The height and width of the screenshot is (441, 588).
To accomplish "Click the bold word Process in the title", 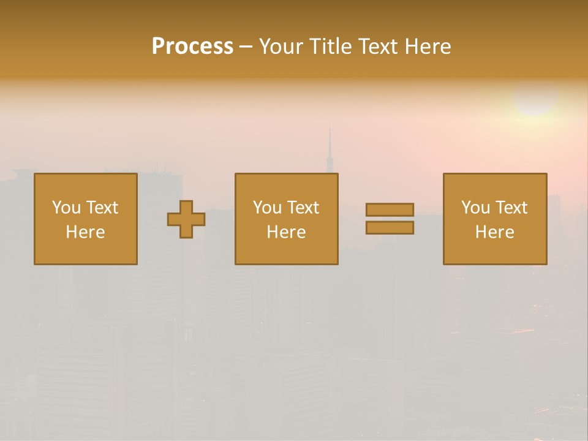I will pyautogui.click(x=192, y=47).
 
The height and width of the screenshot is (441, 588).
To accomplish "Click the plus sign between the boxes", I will pyautogui.click(x=186, y=219).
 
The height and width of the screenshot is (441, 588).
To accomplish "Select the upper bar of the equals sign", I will pyautogui.click(x=390, y=209).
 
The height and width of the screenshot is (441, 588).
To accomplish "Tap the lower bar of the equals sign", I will pyautogui.click(x=390, y=227).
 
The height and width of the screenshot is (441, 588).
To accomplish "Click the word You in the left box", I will pyautogui.click(x=66, y=208).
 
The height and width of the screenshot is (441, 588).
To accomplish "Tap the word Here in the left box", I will pyautogui.click(x=85, y=232).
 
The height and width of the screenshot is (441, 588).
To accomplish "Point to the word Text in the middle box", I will pyautogui.click(x=303, y=208).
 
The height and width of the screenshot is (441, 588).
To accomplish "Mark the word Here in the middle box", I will pyautogui.click(x=286, y=232).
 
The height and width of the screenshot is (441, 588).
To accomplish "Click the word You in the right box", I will pyautogui.click(x=475, y=208).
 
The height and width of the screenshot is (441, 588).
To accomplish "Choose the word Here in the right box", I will pyautogui.click(x=494, y=232).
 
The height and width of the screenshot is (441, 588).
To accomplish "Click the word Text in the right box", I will pyautogui.click(x=511, y=208).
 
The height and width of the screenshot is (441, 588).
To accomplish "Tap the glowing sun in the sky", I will pyautogui.click(x=535, y=98).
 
